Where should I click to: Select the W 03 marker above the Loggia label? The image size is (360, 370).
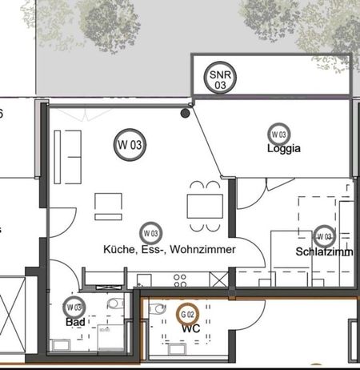[x=279, y=135]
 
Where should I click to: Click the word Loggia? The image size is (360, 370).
[x=284, y=149]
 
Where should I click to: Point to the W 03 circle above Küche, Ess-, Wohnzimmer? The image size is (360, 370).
[x=149, y=234]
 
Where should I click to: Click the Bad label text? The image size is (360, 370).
[x=75, y=322]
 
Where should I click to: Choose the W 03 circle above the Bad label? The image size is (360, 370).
[x=74, y=307]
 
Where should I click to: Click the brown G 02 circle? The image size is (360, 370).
[x=189, y=315]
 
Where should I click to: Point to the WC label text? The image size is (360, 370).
[x=190, y=328]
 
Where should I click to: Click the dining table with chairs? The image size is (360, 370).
[x=205, y=201]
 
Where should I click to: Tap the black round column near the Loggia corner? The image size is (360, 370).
[x=186, y=114]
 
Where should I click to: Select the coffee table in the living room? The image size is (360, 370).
[x=108, y=206]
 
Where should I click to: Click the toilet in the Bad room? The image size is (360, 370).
[x=117, y=304]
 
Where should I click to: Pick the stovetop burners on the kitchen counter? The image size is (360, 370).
[x=218, y=278]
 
